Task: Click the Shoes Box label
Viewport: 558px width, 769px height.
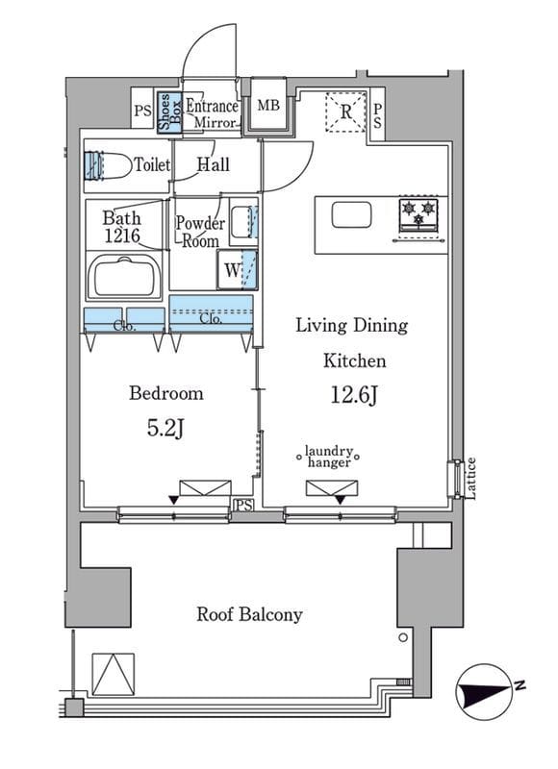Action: tap(169, 112)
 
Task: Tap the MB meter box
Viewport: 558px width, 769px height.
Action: tap(268, 105)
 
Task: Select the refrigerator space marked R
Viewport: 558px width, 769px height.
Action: tap(346, 112)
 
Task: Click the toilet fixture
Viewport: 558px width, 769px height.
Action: tap(107, 165)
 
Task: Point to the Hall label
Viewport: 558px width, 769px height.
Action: tap(213, 164)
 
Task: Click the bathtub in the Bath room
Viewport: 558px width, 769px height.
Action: tap(124, 276)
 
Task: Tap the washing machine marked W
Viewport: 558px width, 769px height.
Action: tap(237, 269)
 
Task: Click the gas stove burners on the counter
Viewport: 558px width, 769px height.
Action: tap(418, 214)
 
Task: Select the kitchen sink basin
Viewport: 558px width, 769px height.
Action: tap(351, 214)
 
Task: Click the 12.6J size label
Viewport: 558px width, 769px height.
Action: tap(353, 395)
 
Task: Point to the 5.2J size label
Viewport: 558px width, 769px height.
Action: tap(165, 429)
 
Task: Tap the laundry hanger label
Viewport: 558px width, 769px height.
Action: tap(328, 457)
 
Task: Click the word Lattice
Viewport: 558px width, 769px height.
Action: tap(470, 478)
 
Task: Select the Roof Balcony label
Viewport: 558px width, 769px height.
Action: tap(249, 614)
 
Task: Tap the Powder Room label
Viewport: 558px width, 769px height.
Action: tap(200, 232)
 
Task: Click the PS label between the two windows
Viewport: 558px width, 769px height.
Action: tap(243, 506)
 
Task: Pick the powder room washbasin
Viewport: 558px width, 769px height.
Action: tap(243, 222)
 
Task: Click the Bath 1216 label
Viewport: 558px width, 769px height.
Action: tap(122, 227)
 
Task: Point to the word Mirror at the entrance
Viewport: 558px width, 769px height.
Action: tap(215, 122)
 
